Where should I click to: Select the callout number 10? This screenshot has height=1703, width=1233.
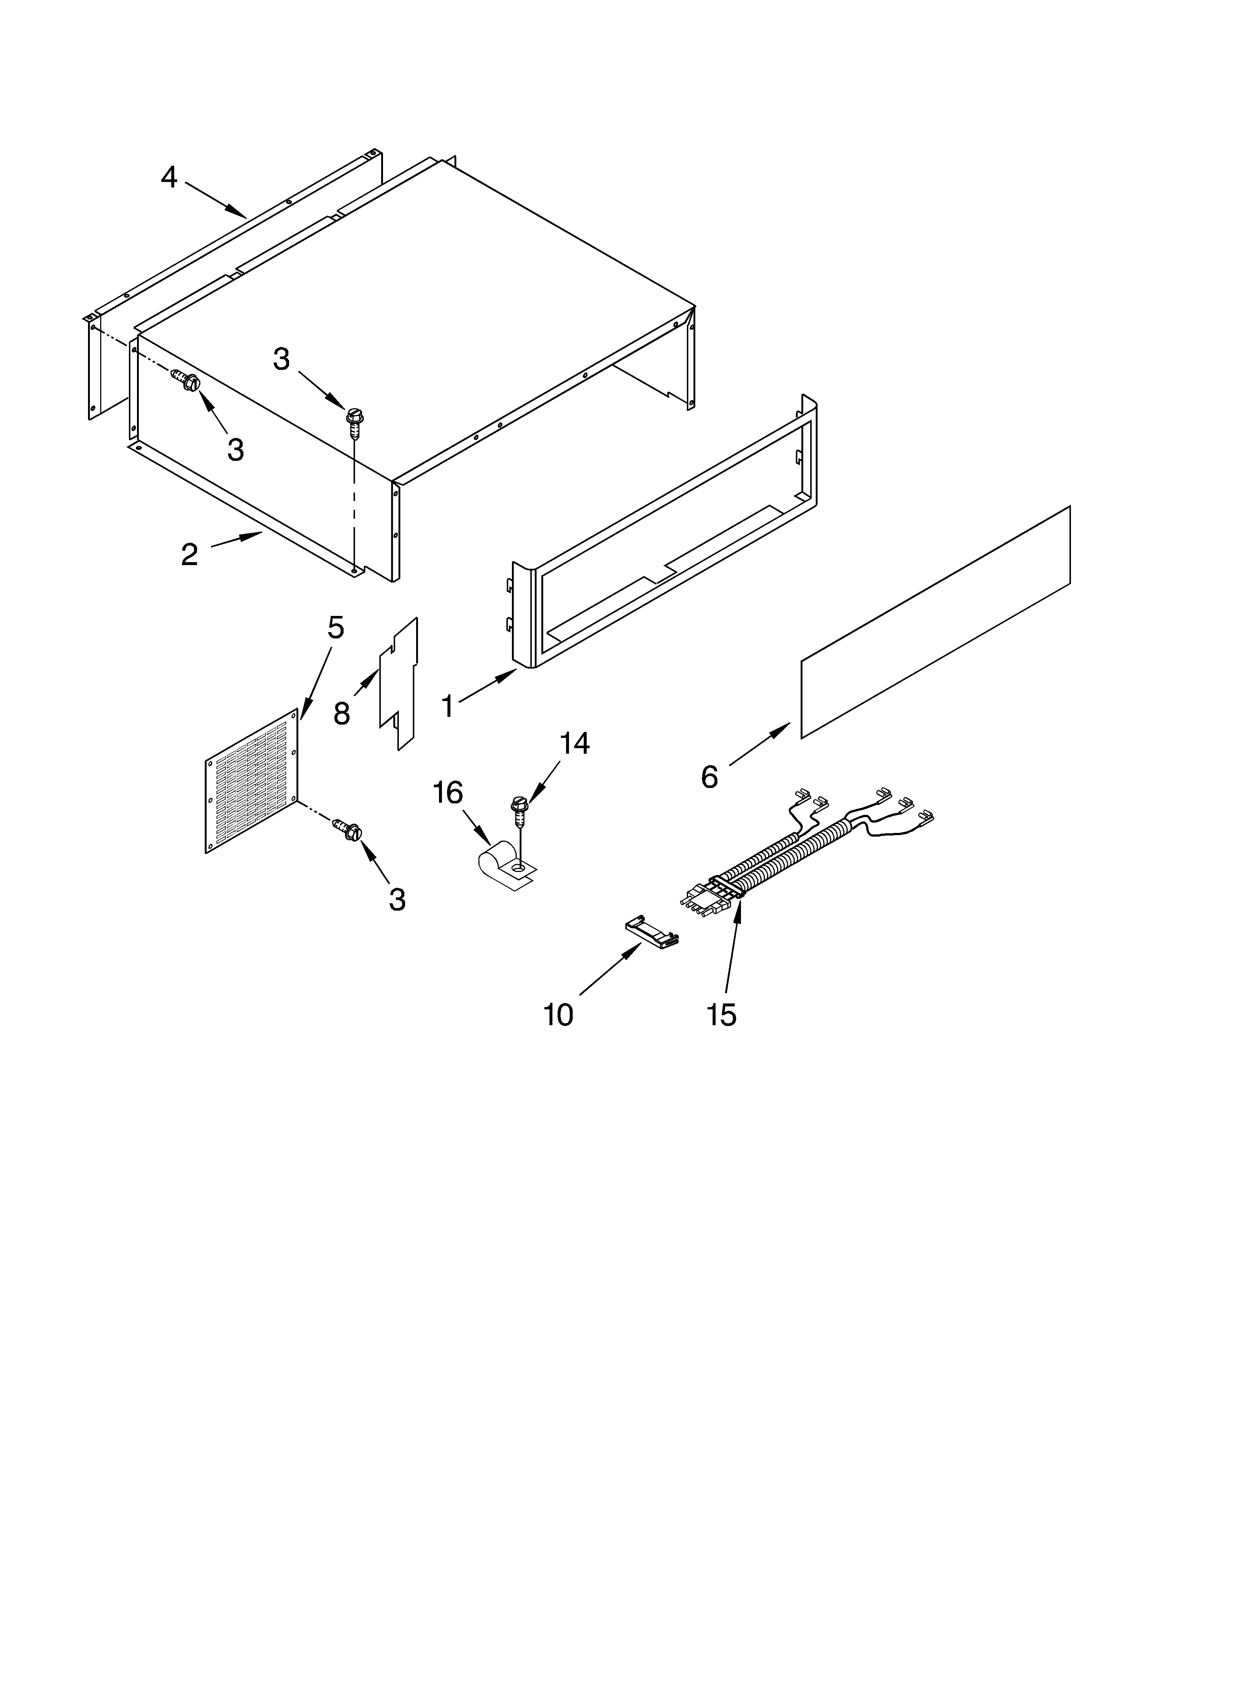(558, 1015)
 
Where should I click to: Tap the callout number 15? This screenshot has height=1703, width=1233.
(721, 1015)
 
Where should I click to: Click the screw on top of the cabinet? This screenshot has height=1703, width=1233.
(354, 417)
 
